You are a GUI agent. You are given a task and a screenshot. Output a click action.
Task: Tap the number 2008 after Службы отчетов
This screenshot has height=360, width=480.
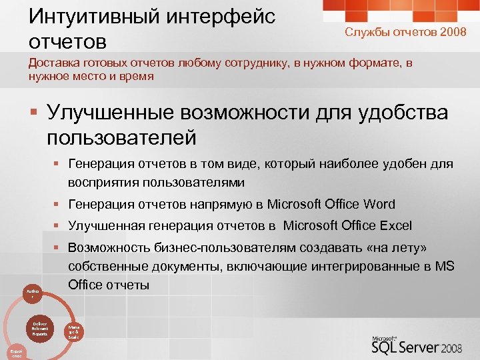click(453, 32)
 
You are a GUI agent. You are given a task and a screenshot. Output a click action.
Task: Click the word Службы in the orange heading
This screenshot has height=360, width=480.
click(365, 32)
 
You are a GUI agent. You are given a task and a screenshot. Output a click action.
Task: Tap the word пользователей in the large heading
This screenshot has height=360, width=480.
click(121, 137)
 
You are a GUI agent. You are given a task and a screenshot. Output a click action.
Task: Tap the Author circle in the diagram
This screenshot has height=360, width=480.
click(33, 293)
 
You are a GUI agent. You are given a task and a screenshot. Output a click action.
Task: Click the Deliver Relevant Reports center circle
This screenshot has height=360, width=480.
click(39, 328)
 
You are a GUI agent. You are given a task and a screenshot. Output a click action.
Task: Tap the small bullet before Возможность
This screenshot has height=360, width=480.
click(58, 248)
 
